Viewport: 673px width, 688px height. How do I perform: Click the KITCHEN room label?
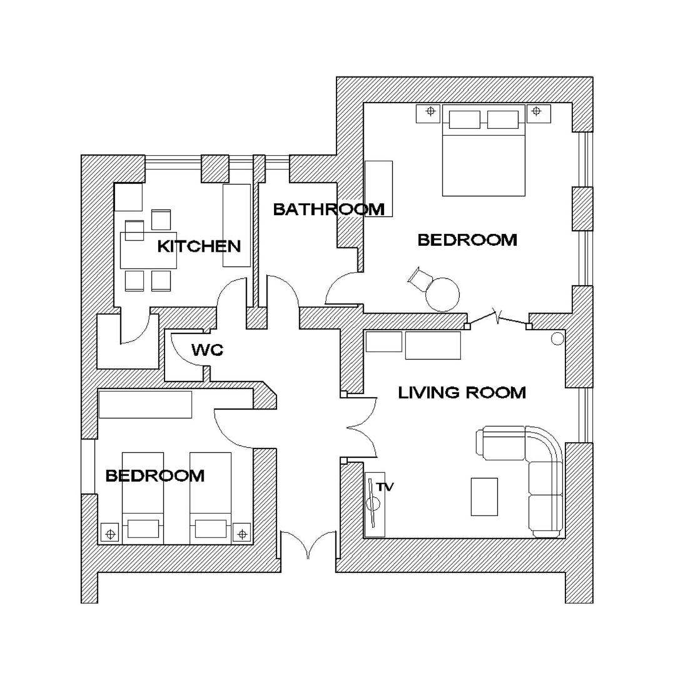[199, 246]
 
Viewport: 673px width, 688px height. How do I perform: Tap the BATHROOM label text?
[328, 210]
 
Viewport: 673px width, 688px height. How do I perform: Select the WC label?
[208, 350]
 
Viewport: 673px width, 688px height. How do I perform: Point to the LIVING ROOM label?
[462, 392]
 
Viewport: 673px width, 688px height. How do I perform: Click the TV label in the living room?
[385, 487]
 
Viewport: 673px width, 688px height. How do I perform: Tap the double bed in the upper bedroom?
[483, 150]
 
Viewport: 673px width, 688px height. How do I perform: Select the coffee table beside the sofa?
[484, 497]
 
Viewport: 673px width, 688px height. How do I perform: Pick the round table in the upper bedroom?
[443, 295]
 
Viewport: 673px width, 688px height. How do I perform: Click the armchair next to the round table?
[420, 279]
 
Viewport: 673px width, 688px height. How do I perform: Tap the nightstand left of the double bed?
[428, 113]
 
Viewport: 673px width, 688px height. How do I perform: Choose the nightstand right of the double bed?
[539, 113]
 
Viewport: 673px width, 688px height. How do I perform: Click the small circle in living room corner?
[557, 339]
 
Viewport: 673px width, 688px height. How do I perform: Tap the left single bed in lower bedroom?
[143, 498]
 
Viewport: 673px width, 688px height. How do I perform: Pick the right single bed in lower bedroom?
[211, 498]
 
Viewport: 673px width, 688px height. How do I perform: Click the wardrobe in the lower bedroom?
[145, 404]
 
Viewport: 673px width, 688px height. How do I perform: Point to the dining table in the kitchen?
[148, 250]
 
